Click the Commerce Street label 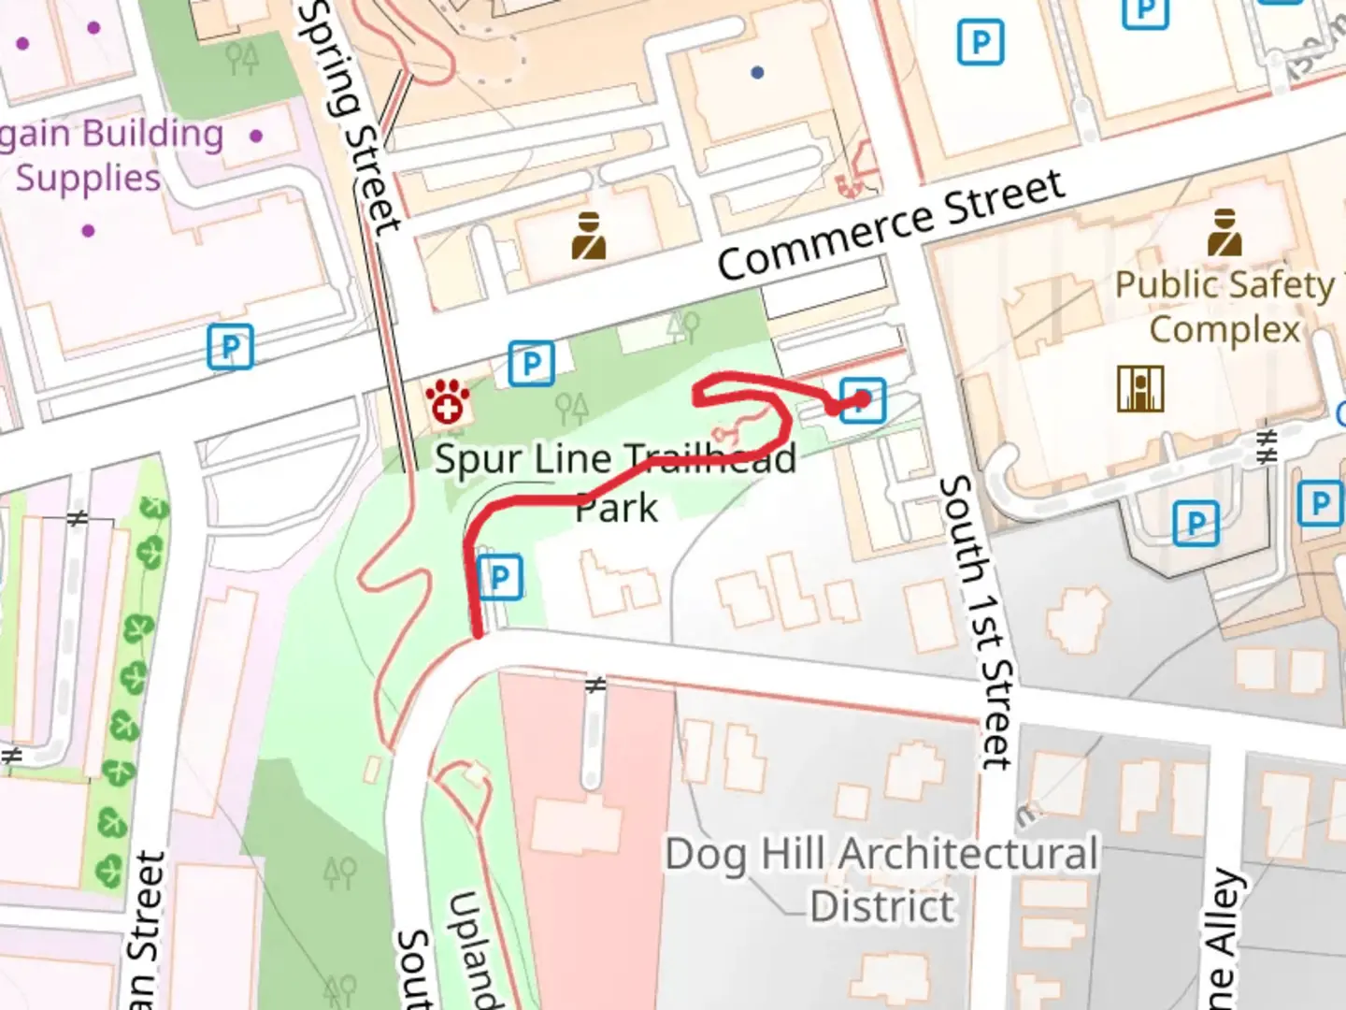tap(890, 224)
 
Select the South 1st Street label tap(977, 622)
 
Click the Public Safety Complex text tap(1224, 307)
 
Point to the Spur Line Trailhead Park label tap(615, 483)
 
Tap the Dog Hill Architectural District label tap(881, 879)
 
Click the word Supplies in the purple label tap(88, 178)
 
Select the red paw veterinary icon tap(448, 402)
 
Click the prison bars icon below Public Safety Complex tap(1140, 388)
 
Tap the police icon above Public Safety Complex tap(1224, 233)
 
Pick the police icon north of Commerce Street tap(589, 236)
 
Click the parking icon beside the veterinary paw tap(531, 363)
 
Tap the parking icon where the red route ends tap(862, 400)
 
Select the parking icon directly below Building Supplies tap(230, 346)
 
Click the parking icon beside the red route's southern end tap(500, 577)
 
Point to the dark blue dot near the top tap(757, 72)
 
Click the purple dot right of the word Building tap(256, 136)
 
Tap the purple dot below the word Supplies tap(88, 230)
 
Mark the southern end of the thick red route tap(478, 634)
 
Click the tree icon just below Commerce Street tap(684, 326)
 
